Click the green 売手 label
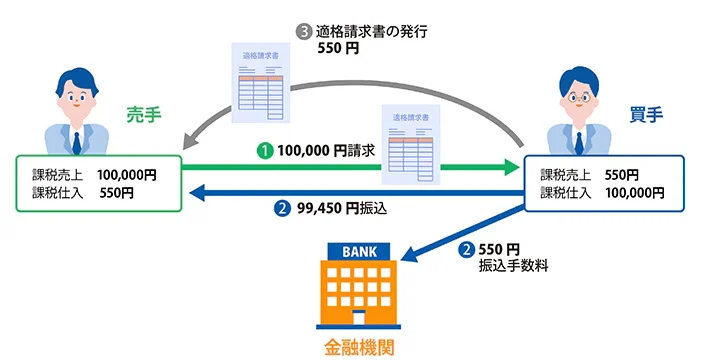(143, 115)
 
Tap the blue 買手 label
(646, 115)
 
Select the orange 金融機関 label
(359, 348)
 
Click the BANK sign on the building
(359, 252)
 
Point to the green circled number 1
(265, 151)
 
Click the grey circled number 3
(304, 32)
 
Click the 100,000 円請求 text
(326, 150)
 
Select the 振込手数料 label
(513, 266)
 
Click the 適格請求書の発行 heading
(371, 32)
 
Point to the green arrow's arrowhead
(512, 167)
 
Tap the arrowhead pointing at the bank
(409, 254)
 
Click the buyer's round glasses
(578, 97)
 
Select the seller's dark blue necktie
(77, 143)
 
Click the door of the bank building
(359, 317)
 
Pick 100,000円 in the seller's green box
(127, 175)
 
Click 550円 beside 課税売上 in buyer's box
(621, 175)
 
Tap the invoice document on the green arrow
(410, 145)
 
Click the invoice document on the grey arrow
(261, 83)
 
